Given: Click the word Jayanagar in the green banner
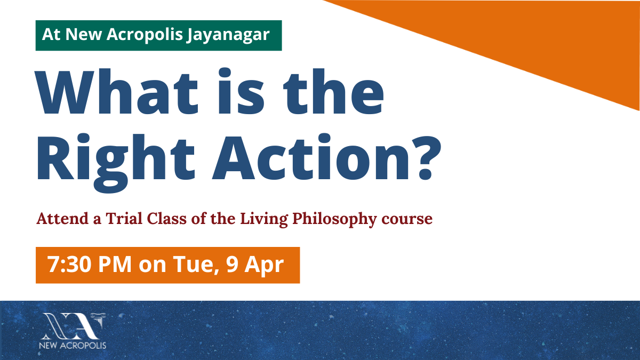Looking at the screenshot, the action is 228,35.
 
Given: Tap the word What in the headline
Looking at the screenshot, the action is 117,91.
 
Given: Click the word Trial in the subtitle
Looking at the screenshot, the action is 124,219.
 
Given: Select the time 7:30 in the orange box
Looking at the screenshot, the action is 69,265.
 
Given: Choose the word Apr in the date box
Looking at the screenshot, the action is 264,265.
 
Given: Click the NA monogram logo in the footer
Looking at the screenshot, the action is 74,326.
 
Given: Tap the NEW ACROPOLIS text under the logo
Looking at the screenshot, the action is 73,346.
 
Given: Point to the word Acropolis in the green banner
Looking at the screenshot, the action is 145,35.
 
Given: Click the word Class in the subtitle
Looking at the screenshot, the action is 166,219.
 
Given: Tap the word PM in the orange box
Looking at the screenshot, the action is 115,265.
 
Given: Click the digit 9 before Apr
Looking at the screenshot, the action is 232,265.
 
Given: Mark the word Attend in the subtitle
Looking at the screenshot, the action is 62,219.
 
